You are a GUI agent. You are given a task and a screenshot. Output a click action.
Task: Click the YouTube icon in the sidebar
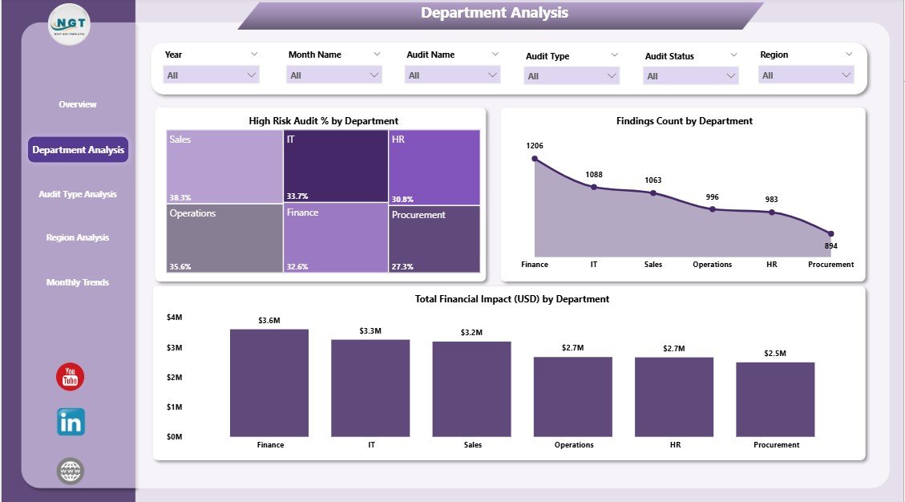70,377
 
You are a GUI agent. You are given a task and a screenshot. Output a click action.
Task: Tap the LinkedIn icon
71,422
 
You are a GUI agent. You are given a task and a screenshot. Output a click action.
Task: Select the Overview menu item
78,104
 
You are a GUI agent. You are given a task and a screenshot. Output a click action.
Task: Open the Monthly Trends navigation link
78,282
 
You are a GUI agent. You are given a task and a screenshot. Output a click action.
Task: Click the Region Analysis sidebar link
78,237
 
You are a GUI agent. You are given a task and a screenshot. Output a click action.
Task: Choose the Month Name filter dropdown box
333,75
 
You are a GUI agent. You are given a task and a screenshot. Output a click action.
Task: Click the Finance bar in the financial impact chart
269,383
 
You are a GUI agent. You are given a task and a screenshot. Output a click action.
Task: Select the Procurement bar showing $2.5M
775,399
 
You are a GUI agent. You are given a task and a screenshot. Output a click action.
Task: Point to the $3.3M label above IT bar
370,330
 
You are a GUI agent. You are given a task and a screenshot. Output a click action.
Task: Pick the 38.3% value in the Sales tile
180,197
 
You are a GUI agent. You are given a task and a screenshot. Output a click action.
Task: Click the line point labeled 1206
535,159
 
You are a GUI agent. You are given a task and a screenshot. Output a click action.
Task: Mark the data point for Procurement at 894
830,234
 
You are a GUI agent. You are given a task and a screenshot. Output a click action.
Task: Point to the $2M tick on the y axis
175,377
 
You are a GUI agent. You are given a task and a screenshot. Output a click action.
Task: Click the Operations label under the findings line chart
712,265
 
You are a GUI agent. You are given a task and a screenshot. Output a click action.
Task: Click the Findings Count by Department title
684,121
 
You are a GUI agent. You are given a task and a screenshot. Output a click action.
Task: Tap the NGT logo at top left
70,25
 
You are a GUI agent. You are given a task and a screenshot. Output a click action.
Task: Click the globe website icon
71,471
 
